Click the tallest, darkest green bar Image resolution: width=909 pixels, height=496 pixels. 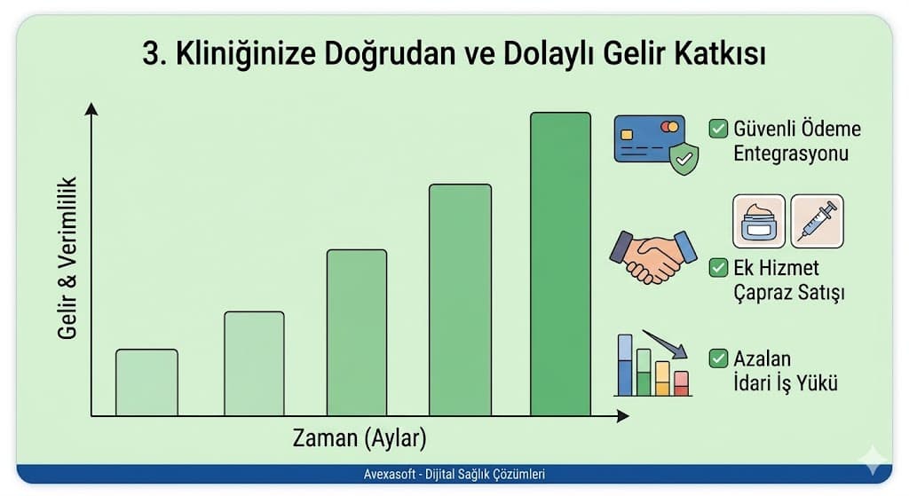coord(560,264)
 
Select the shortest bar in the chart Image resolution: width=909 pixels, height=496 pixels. coord(146,382)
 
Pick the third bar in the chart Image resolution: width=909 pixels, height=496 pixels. coord(356,333)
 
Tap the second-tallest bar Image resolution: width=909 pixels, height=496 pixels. coord(460,300)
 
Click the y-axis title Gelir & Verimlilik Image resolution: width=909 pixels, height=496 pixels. coord(67,257)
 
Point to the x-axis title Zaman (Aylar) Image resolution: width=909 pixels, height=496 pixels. coord(360,437)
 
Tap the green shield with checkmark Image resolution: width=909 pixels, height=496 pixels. coord(682,160)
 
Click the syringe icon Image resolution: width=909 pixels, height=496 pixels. coord(817,221)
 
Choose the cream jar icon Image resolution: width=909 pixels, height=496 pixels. coord(758,221)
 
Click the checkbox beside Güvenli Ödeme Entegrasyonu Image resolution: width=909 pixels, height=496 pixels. coord(718,129)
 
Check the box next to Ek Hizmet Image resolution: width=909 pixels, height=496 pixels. coord(718,267)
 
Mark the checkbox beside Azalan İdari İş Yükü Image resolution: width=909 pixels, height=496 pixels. coord(718,359)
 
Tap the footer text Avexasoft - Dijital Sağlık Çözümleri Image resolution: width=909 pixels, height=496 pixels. coord(447,475)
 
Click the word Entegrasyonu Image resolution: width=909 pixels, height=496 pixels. coord(790,153)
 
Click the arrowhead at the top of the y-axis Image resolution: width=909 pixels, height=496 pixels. coord(91,108)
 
